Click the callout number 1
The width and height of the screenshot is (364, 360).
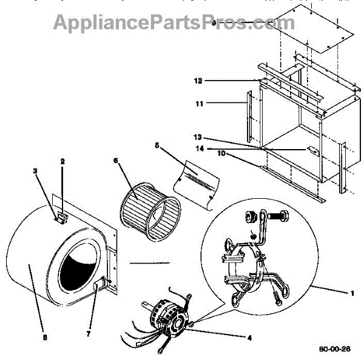pyautogui.click(x=351, y=293)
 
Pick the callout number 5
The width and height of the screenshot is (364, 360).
pyautogui.click(x=157, y=145)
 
